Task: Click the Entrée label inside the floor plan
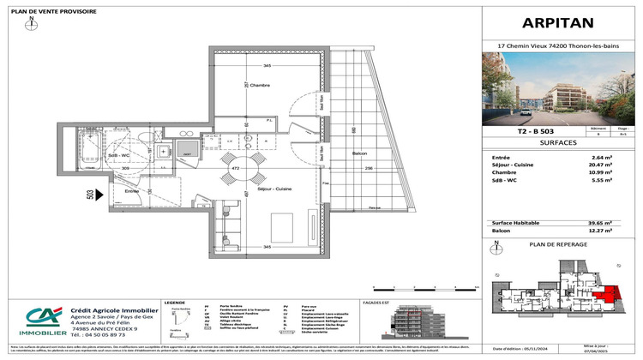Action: click(108, 191)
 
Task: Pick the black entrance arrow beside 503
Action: click(100, 195)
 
